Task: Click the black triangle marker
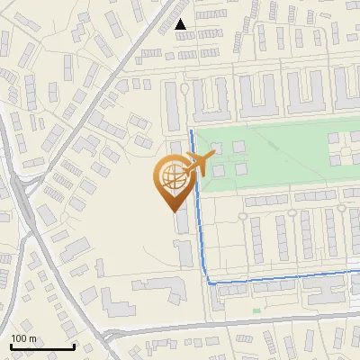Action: pos(181,24)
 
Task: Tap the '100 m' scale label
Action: pos(23,337)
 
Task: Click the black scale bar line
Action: pos(41,346)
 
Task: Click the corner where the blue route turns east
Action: pos(211,283)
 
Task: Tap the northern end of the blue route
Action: pos(191,132)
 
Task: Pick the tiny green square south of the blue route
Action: pos(256,311)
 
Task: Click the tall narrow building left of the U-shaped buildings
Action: pos(172,103)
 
